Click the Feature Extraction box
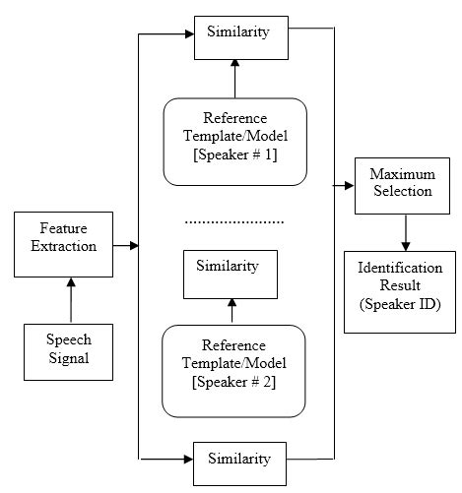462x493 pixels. coord(69,236)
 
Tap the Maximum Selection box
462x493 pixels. coord(401,183)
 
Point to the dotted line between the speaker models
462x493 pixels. coord(233,221)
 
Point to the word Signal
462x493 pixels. coord(68,359)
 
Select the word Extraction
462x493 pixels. coord(69,245)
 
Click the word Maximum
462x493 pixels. coord(401,174)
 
